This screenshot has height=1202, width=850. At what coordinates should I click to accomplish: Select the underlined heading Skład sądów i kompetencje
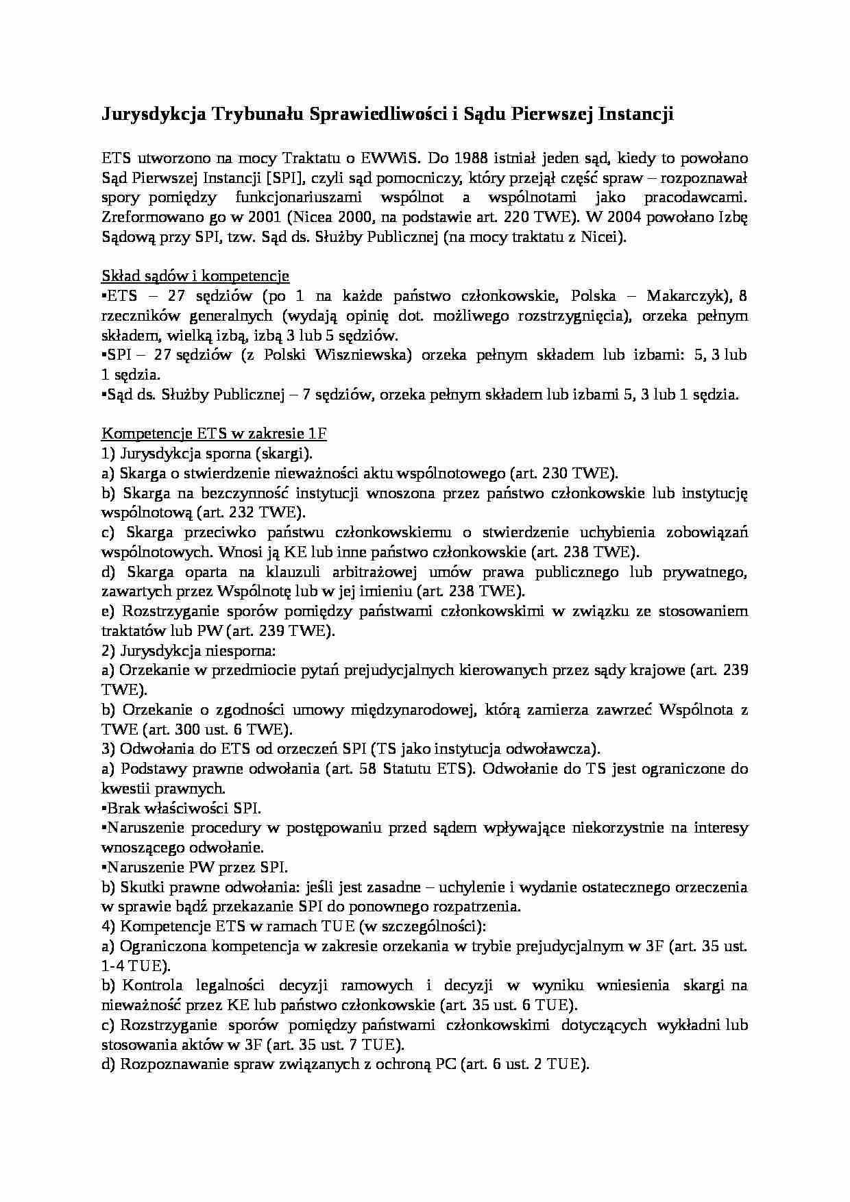click(195, 276)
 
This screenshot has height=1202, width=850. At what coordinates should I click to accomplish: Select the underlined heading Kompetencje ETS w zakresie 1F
click(214, 434)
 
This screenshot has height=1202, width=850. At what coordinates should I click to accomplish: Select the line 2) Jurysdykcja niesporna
click(189, 650)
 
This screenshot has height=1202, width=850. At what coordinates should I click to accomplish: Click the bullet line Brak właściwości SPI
click(182, 808)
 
